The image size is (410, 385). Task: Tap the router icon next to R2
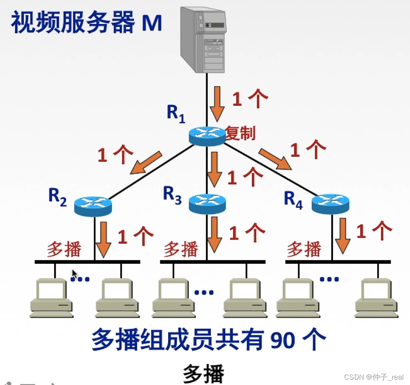coord(93,205)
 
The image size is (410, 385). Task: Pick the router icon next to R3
coord(207,204)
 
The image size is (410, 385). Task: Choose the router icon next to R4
coord(330,204)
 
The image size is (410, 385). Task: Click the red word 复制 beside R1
coord(240,133)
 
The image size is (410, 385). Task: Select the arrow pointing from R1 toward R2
coord(146,162)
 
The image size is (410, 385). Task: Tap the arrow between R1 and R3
coord(214,169)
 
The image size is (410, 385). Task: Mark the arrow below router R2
coord(104,239)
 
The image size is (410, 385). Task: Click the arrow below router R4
coord(343,235)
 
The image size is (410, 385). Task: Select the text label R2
coord(58,197)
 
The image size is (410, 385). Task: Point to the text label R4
coord(293,199)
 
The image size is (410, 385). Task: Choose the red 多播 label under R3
coord(180,249)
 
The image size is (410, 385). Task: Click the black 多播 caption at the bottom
coord(203,373)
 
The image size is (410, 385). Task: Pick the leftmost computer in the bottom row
coord(51,298)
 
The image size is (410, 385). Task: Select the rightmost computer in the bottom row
coord(376,298)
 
